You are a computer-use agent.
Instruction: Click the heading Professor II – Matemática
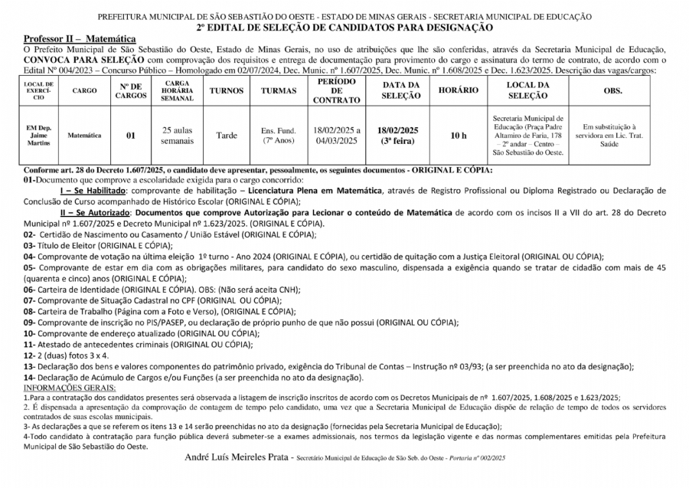tap(80, 38)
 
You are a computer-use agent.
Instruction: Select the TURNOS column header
tap(226, 90)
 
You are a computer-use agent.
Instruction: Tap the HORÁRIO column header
tap(459, 90)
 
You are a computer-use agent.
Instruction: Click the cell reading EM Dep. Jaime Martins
tap(38, 135)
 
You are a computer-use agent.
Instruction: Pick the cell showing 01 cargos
tap(130, 136)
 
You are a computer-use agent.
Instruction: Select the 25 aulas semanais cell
tap(178, 136)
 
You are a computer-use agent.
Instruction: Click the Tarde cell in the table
tap(226, 136)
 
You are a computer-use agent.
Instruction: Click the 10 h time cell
tap(459, 136)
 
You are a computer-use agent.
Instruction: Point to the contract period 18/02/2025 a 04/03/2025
tap(337, 136)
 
